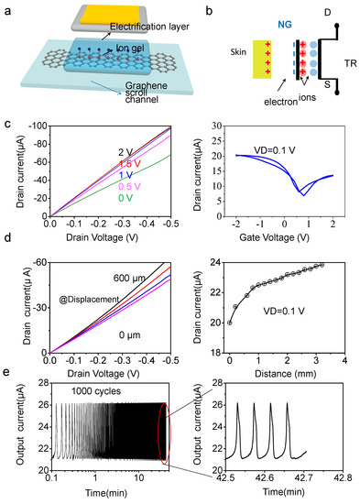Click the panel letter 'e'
8,373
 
